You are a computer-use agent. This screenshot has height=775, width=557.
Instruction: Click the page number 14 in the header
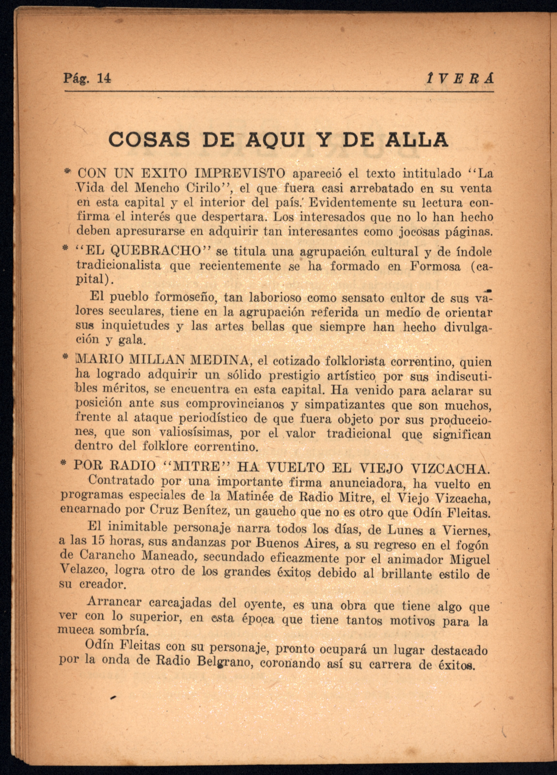(104, 79)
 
